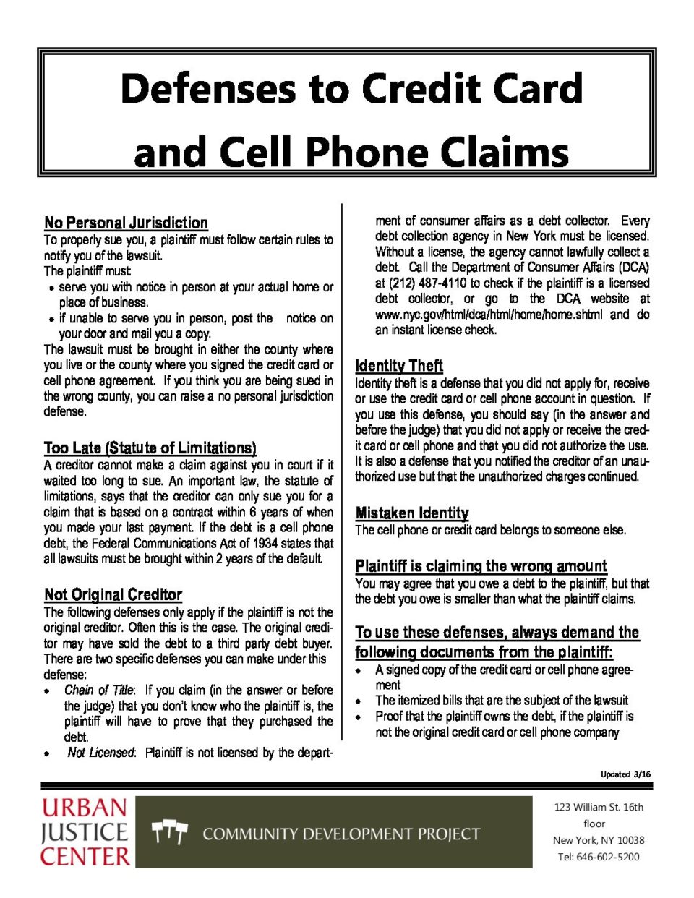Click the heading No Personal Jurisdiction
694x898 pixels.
[x=126, y=223]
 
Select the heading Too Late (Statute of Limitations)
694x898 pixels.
[x=150, y=448]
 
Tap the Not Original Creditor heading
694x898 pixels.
[x=113, y=594]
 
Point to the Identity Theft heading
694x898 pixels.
[x=398, y=365]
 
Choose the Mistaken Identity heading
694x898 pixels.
[x=411, y=513]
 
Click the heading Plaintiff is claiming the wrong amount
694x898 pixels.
[x=481, y=565]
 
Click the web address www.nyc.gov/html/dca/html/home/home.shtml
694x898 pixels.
[x=488, y=315]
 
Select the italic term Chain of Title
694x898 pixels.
[x=99, y=690]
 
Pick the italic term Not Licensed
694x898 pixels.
[x=100, y=753]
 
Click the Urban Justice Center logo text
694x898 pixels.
[x=85, y=831]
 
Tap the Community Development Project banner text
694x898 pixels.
[x=341, y=834]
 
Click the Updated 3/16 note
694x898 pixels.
[x=625, y=774]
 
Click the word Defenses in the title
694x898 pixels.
[x=208, y=89]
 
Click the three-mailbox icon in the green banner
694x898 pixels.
[x=170, y=832]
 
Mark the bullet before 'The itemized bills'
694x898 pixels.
[x=358, y=701]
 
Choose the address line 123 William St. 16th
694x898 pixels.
[x=599, y=807]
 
